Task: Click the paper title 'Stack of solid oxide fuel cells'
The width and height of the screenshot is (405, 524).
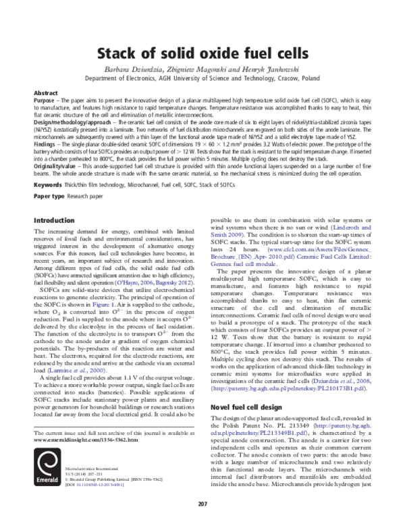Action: (x=202, y=53)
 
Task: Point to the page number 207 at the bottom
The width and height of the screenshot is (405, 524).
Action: (x=202, y=504)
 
